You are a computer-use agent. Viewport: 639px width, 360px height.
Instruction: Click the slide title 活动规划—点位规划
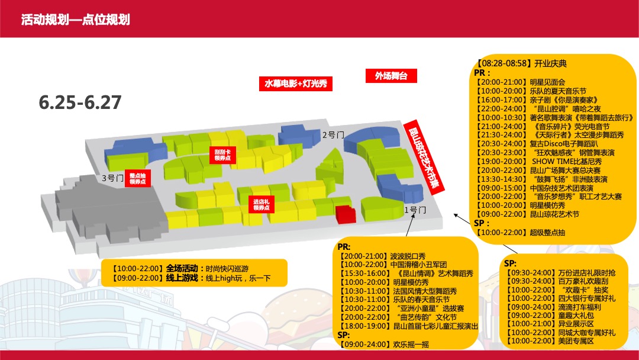[x=75, y=20]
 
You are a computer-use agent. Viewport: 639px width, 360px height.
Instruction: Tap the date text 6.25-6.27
[x=80, y=102]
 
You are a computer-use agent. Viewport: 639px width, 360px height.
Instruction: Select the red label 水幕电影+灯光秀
[x=296, y=83]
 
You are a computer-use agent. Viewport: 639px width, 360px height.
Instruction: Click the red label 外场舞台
[x=390, y=76]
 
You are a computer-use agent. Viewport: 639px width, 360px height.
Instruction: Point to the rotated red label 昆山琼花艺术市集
[x=421, y=155]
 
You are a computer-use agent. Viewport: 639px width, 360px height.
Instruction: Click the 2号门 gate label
[x=333, y=135]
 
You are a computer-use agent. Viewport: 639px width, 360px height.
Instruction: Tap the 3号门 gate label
[x=111, y=178]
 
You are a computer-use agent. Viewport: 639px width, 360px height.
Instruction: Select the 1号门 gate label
[x=415, y=210]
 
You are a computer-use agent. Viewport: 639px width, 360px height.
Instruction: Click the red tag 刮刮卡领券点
[x=222, y=155]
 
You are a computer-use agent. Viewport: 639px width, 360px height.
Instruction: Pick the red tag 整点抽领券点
[x=137, y=179]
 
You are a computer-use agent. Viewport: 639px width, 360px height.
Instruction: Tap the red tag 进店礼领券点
[x=261, y=204]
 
